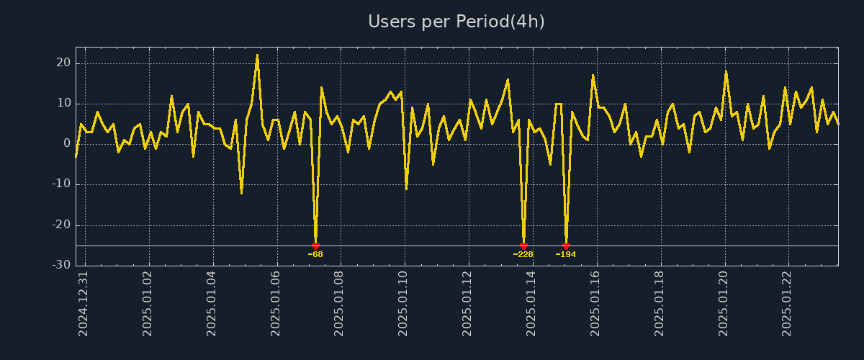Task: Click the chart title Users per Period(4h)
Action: tap(456, 22)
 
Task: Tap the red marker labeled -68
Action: tap(315, 246)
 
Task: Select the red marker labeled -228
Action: tap(523, 246)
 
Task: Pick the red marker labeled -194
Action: tap(566, 246)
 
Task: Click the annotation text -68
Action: tap(315, 254)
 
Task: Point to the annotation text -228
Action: tap(523, 254)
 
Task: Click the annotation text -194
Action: tap(566, 254)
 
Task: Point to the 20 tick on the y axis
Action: tap(63, 63)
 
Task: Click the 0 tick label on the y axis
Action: tap(67, 144)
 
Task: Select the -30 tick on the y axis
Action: tap(62, 265)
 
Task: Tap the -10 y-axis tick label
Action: tap(62, 184)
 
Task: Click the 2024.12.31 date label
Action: tap(84, 304)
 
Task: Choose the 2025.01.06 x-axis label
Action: tap(276, 304)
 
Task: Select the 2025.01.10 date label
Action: tap(403, 304)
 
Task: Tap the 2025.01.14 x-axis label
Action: tap(531, 304)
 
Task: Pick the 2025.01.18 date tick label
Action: tap(659, 304)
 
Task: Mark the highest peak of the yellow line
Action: tap(257, 55)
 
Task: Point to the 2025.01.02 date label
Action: tap(148, 304)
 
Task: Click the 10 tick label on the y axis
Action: tap(63, 104)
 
